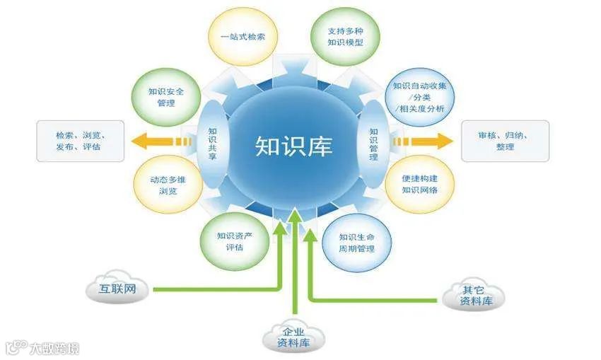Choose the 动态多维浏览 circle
[x=163, y=185]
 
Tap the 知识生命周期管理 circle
[x=356, y=242]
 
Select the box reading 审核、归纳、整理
[x=504, y=140]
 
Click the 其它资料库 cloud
[x=473, y=295]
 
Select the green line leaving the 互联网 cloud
[x=212, y=289]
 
